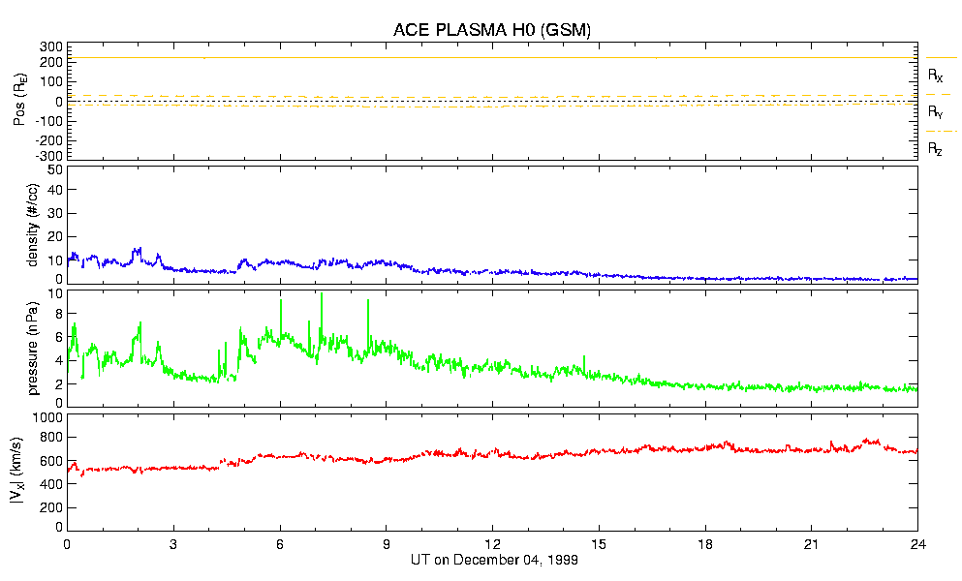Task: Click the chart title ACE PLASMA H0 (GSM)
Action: coord(491,30)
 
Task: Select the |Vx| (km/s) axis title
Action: coord(31,474)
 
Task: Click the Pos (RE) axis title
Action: coord(31,102)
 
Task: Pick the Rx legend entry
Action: coord(936,75)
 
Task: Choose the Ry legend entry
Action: coord(936,112)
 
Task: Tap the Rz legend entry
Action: coord(936,149)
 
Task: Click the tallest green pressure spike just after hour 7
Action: coord(322,294)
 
